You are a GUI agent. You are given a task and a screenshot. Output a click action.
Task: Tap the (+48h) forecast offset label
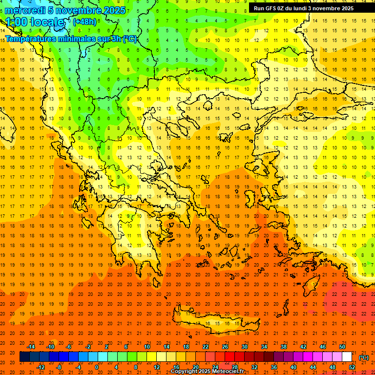click(x=84, y=22)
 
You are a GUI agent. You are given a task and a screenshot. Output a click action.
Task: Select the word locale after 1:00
click(x=48, y=22)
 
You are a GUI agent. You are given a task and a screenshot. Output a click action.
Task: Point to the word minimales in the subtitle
click(x=76, y=39)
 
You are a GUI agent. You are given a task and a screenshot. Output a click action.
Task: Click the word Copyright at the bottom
click(x=186, y=372)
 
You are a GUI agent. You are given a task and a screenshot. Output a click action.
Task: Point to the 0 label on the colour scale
click(x=97, y=367)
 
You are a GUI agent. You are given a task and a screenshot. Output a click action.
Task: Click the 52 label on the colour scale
click(x=352, y=367)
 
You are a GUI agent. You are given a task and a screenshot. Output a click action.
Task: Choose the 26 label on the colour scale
click(x=225, y=347)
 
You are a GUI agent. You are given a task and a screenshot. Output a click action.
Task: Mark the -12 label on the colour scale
click(x=41, y=367)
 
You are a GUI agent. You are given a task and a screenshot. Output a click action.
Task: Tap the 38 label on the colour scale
click(x=284, y=347)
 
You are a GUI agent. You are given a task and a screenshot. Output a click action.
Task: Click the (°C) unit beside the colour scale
click(x=363, y=357)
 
